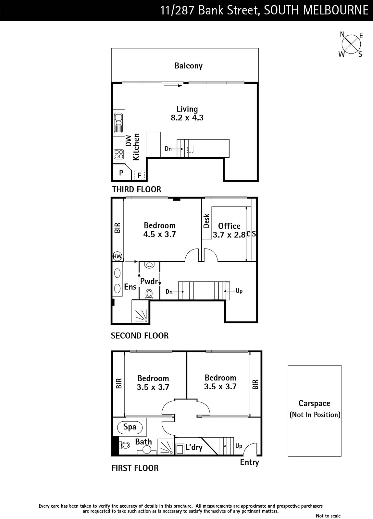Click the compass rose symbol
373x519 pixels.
click(x=351, y=44)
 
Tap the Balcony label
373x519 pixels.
click(x=189, y=66)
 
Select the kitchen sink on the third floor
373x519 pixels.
click(x=118, y=123)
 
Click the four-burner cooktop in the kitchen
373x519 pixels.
click(x=119, y=154)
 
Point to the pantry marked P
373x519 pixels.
click(x=121, y=173)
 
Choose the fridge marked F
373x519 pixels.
click(x=139, y=175)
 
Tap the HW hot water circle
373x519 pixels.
click(x=117, y=256)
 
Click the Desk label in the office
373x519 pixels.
click(x=206, y=221)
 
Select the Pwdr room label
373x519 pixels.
click(x=149, y=281)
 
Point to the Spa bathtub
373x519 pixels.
click(x=130, y=427)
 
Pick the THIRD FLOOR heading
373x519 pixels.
click(x=137, y=189)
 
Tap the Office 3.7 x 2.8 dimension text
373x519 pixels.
click(x=229, y=231)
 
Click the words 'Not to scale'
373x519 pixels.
click(x=328, y=516)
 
